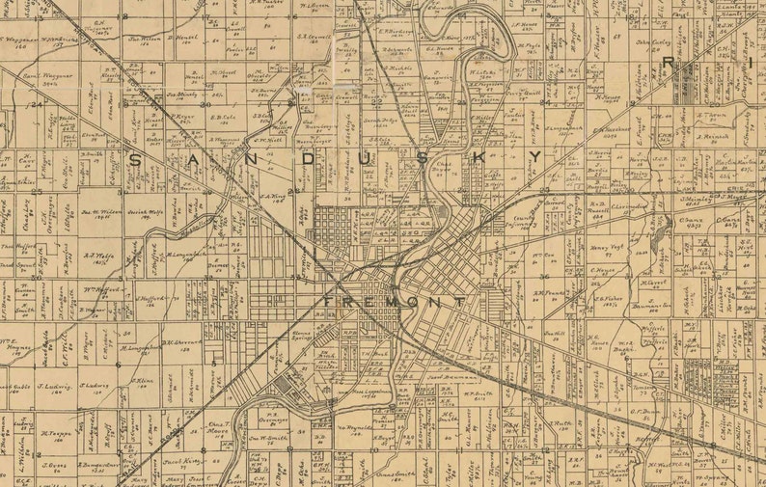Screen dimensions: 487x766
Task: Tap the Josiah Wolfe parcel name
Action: coord(150,211)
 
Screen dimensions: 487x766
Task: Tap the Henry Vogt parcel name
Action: coord(601,247)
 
